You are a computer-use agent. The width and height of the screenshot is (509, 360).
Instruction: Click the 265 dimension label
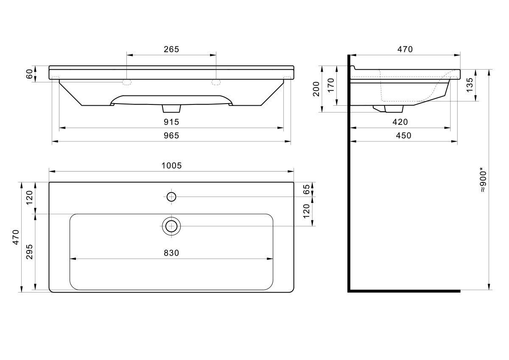click(x=171, y=49)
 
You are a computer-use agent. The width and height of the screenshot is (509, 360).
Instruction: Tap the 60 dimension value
click(x=30, y=74)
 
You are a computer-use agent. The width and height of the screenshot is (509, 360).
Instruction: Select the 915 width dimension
click(x=171, y=122)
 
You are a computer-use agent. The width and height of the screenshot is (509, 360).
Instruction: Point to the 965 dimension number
click(x=171, y=135)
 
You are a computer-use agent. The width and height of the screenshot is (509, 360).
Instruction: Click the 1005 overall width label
click(x=171, y=166)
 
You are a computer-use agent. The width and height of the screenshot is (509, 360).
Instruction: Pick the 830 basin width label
click(x=171, y=253)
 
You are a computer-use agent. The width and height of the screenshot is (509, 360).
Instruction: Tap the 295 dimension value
click(x=30, y=252)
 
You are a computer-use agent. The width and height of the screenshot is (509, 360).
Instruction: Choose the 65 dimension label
click(x=306, y=189)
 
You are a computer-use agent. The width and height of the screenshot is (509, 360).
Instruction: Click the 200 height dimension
click(x=316, y=89)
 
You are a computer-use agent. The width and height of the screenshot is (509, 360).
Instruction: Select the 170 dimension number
click(x=331, y=85)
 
